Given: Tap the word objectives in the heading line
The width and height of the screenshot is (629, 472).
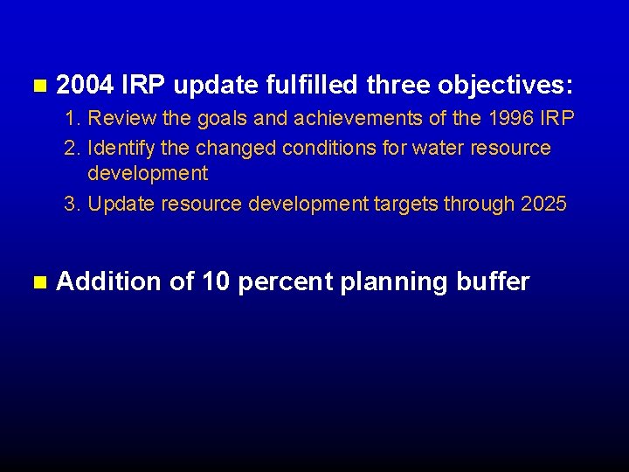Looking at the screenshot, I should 506,85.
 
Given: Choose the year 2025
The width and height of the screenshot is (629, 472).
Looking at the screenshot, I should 543,205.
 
